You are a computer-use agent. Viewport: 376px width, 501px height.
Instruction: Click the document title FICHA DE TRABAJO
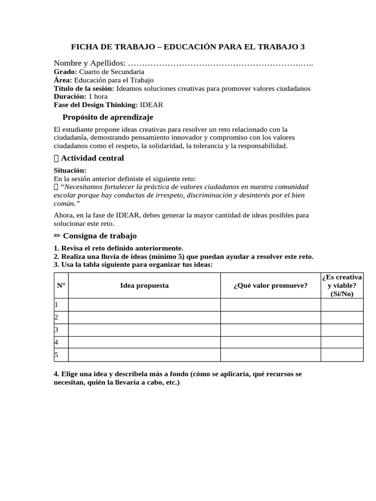tap(188, 47)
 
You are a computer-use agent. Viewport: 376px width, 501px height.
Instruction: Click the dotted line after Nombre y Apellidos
tap(220, 64)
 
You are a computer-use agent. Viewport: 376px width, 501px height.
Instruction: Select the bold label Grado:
tap(65, 72)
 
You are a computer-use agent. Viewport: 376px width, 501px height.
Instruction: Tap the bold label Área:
tap(63, 80)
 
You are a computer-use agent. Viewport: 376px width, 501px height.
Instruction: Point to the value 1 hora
tap(98, 96)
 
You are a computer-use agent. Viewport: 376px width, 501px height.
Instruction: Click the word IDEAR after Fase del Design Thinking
tap(152, 105)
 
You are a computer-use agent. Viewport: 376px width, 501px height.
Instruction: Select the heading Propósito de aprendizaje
tap(108, 117)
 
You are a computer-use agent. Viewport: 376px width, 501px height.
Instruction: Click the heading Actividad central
tap(92, 158)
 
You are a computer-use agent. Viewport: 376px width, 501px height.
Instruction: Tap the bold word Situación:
tap(70, 170)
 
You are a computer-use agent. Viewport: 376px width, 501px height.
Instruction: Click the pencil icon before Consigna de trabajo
tap(57, 236)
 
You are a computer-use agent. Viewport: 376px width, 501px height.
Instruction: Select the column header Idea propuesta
tap(144, 285)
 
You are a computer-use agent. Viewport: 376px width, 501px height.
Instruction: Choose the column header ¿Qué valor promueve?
tap(271, 285)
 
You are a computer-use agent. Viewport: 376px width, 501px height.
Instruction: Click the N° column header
tap(61, 285)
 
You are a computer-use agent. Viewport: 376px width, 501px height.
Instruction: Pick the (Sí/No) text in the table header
tap(342, 294)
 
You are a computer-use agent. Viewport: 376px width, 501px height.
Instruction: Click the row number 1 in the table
tap(57, 305)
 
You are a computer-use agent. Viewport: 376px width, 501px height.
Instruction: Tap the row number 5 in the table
tap(57, 355)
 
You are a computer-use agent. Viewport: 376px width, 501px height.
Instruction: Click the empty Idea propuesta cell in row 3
tap(144, 330)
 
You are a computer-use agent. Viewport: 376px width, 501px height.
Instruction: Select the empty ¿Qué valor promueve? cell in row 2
tap(271, 318)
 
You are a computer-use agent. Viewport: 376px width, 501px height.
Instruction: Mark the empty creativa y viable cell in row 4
tap(342, 342)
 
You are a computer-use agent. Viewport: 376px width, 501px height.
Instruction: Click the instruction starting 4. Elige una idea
tap(177, 378)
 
